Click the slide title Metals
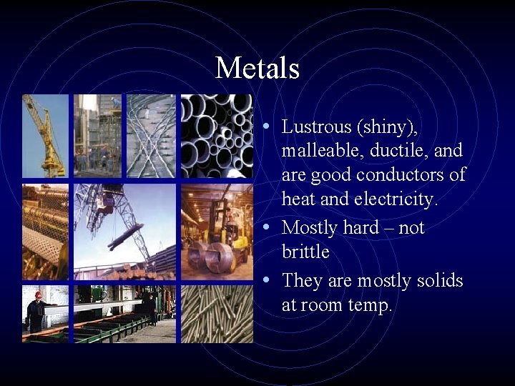(257, 69)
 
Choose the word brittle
(305, 252)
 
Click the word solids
(436, 280)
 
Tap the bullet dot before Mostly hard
(266, 227)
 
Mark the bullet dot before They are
(266, 280)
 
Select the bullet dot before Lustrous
(266, 127)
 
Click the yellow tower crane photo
(45, 135)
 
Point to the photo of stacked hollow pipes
(216, 135)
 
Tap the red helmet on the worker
(38, 294)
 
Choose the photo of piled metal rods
(216, 314)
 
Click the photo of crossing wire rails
(151, 135)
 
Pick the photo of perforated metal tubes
(45, 231)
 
